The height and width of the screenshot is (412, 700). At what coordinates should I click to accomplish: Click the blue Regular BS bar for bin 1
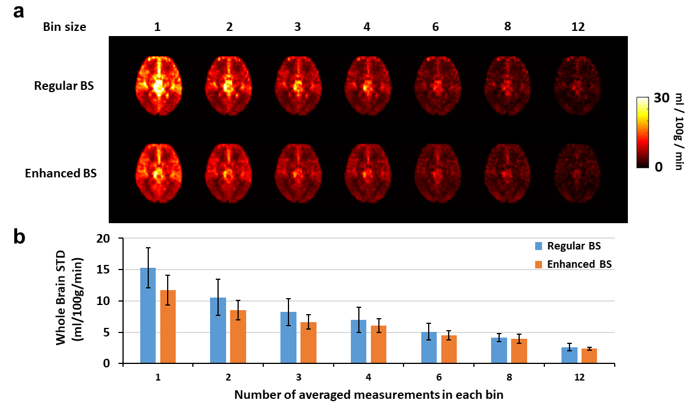tap(148, 315)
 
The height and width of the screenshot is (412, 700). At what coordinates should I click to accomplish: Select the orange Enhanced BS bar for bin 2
tap(238, 336)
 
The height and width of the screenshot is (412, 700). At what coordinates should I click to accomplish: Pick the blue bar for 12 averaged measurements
tap(570, 355)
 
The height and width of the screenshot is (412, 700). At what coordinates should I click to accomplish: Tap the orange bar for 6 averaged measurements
tap(449, 349)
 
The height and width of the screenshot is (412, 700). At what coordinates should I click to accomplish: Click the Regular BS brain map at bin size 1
tap(159, 86)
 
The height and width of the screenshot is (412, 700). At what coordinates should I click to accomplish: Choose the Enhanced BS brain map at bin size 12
tap(578, 173)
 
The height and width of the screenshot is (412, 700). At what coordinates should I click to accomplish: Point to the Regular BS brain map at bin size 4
tap(368, 86)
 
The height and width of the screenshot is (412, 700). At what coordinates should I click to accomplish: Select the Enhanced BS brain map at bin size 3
tap(298, 173)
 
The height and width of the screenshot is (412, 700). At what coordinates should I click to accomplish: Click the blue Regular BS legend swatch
tap(539, 246)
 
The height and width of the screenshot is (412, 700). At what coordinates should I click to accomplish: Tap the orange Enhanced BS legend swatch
tap(539, 264)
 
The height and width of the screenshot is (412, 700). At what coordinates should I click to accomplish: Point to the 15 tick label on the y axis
tap(103, 270)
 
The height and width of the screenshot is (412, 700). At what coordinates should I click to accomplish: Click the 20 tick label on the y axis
tap(103, 239)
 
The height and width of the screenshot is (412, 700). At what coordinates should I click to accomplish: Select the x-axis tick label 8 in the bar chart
tap(509, 377)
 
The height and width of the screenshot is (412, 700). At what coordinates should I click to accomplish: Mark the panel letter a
tap(19, 13)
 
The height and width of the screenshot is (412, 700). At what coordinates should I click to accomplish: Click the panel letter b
tap(19, 237)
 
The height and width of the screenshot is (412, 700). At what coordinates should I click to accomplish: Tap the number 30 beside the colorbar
tap(661, 98)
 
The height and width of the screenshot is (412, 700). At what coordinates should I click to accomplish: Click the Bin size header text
tap(64, 27)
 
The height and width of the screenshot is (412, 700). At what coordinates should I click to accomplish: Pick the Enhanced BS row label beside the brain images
tap(61, 173)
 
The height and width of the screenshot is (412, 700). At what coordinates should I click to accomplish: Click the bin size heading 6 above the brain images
tap(436, 27)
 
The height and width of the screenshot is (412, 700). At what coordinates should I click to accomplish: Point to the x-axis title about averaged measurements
tap(369, 395)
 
